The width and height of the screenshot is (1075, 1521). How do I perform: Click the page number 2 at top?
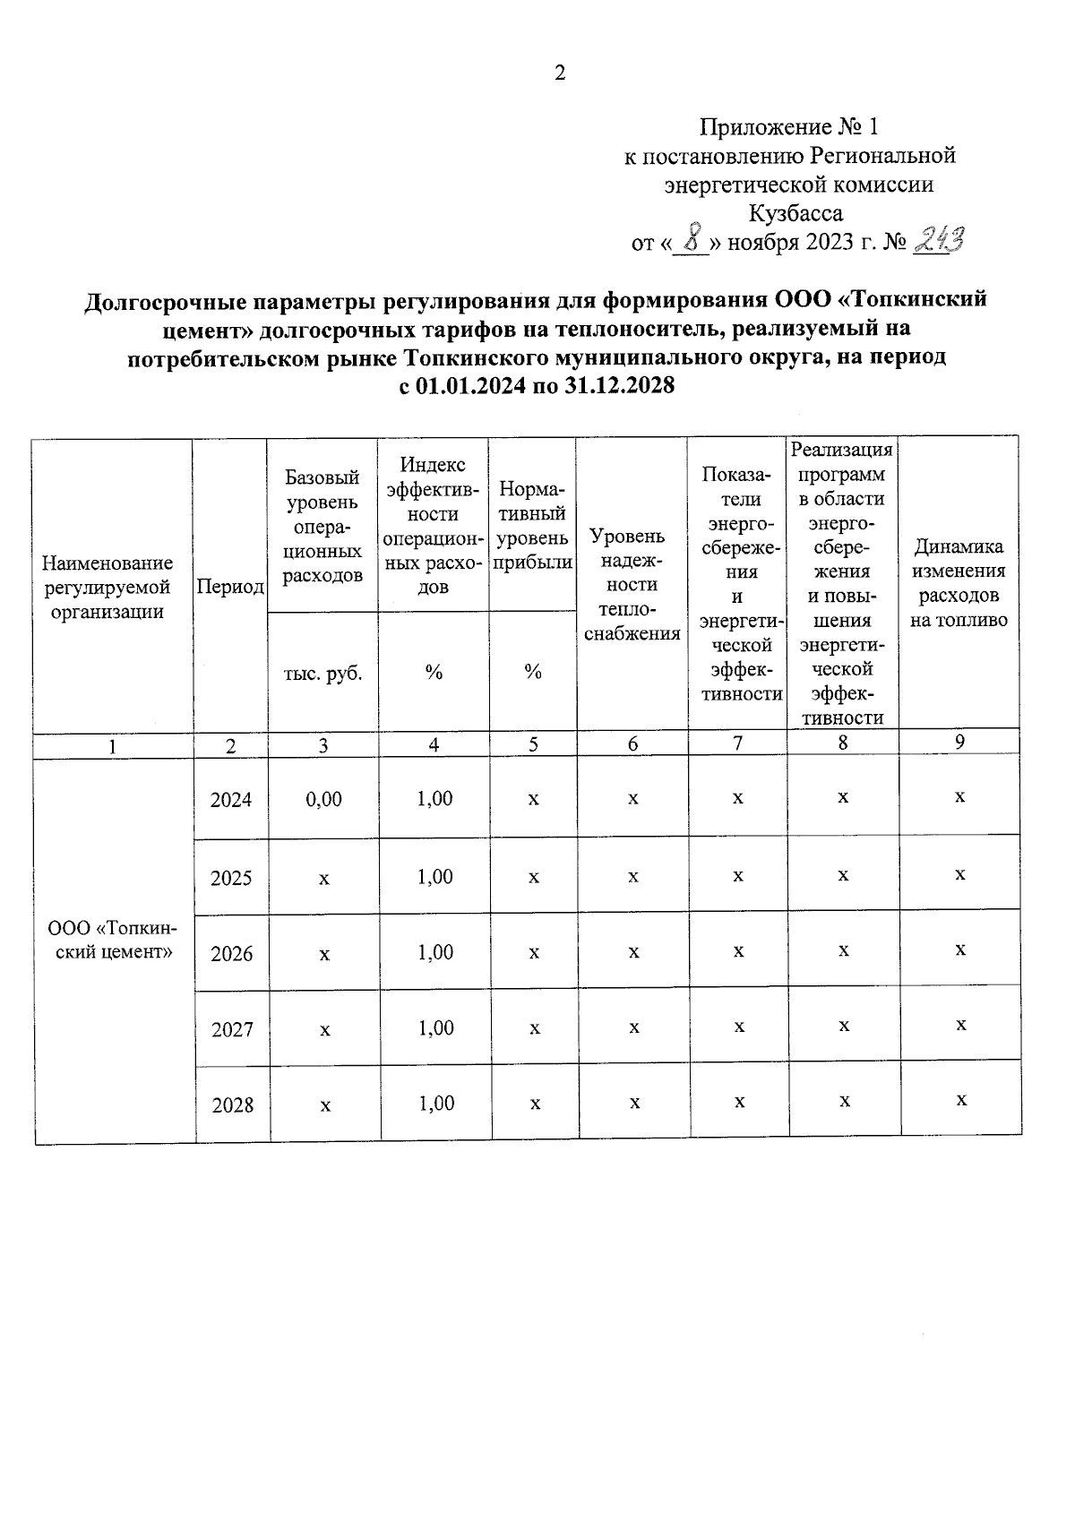pyautogui.click(x=560, y=74)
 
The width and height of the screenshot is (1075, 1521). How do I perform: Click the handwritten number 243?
pyautogui.click(x=938, y=240)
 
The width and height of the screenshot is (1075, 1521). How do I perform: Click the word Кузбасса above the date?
pyautogui.click(x=795, y=213)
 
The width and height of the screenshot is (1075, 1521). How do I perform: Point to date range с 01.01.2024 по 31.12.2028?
pyautogui.click(x=536, y=386)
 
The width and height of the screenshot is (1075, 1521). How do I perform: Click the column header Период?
pyautogui.click(x=230, y=587)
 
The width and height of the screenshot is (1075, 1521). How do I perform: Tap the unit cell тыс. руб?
pyautogui.click(x=322, y=673)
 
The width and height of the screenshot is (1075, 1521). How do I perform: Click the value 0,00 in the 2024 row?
pyautogui.click(x=323, y=799)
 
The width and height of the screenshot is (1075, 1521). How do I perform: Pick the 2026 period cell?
pyautogui.click(x=232, y=953)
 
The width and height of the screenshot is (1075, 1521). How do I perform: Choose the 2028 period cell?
pyautogui.click(x=233, y=1104)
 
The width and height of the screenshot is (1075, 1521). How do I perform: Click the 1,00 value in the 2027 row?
pyautogui.click(x=435, y=1027)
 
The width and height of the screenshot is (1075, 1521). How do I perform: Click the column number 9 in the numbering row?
pyautogui.click(x=959, y=742)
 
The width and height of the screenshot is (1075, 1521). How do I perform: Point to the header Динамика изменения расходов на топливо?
pyautogui.click(x=959, y=583)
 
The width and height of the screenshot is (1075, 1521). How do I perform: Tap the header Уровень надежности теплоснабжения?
pyautogui.click(x=632, y=584)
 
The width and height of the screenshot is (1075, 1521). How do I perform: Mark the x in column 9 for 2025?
pyautogui.click(x=960, y=873)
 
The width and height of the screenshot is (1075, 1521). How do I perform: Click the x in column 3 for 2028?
pyautogui.click(x=325, y=1105)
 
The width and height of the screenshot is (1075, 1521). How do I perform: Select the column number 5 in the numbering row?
pyautogui.click(x=533, y=744)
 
